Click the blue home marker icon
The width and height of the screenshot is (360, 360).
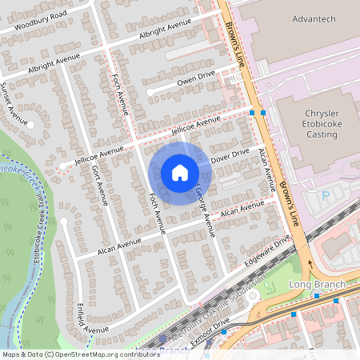point(180,173)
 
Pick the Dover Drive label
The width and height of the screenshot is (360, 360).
point(230,154)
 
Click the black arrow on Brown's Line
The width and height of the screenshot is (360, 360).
point(310,260)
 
